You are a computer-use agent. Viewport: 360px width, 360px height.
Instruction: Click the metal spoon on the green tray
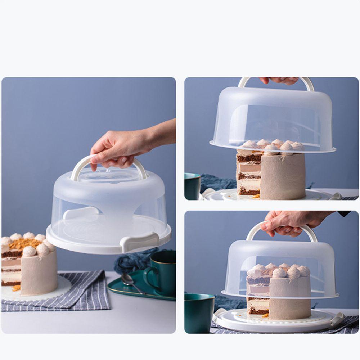131,283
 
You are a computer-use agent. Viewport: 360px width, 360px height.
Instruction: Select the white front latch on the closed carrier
140,242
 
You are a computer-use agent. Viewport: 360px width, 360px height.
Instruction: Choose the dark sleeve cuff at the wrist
344,213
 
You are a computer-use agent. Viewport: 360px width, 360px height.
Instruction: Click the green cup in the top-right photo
192,186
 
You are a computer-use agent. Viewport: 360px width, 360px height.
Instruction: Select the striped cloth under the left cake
54,295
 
